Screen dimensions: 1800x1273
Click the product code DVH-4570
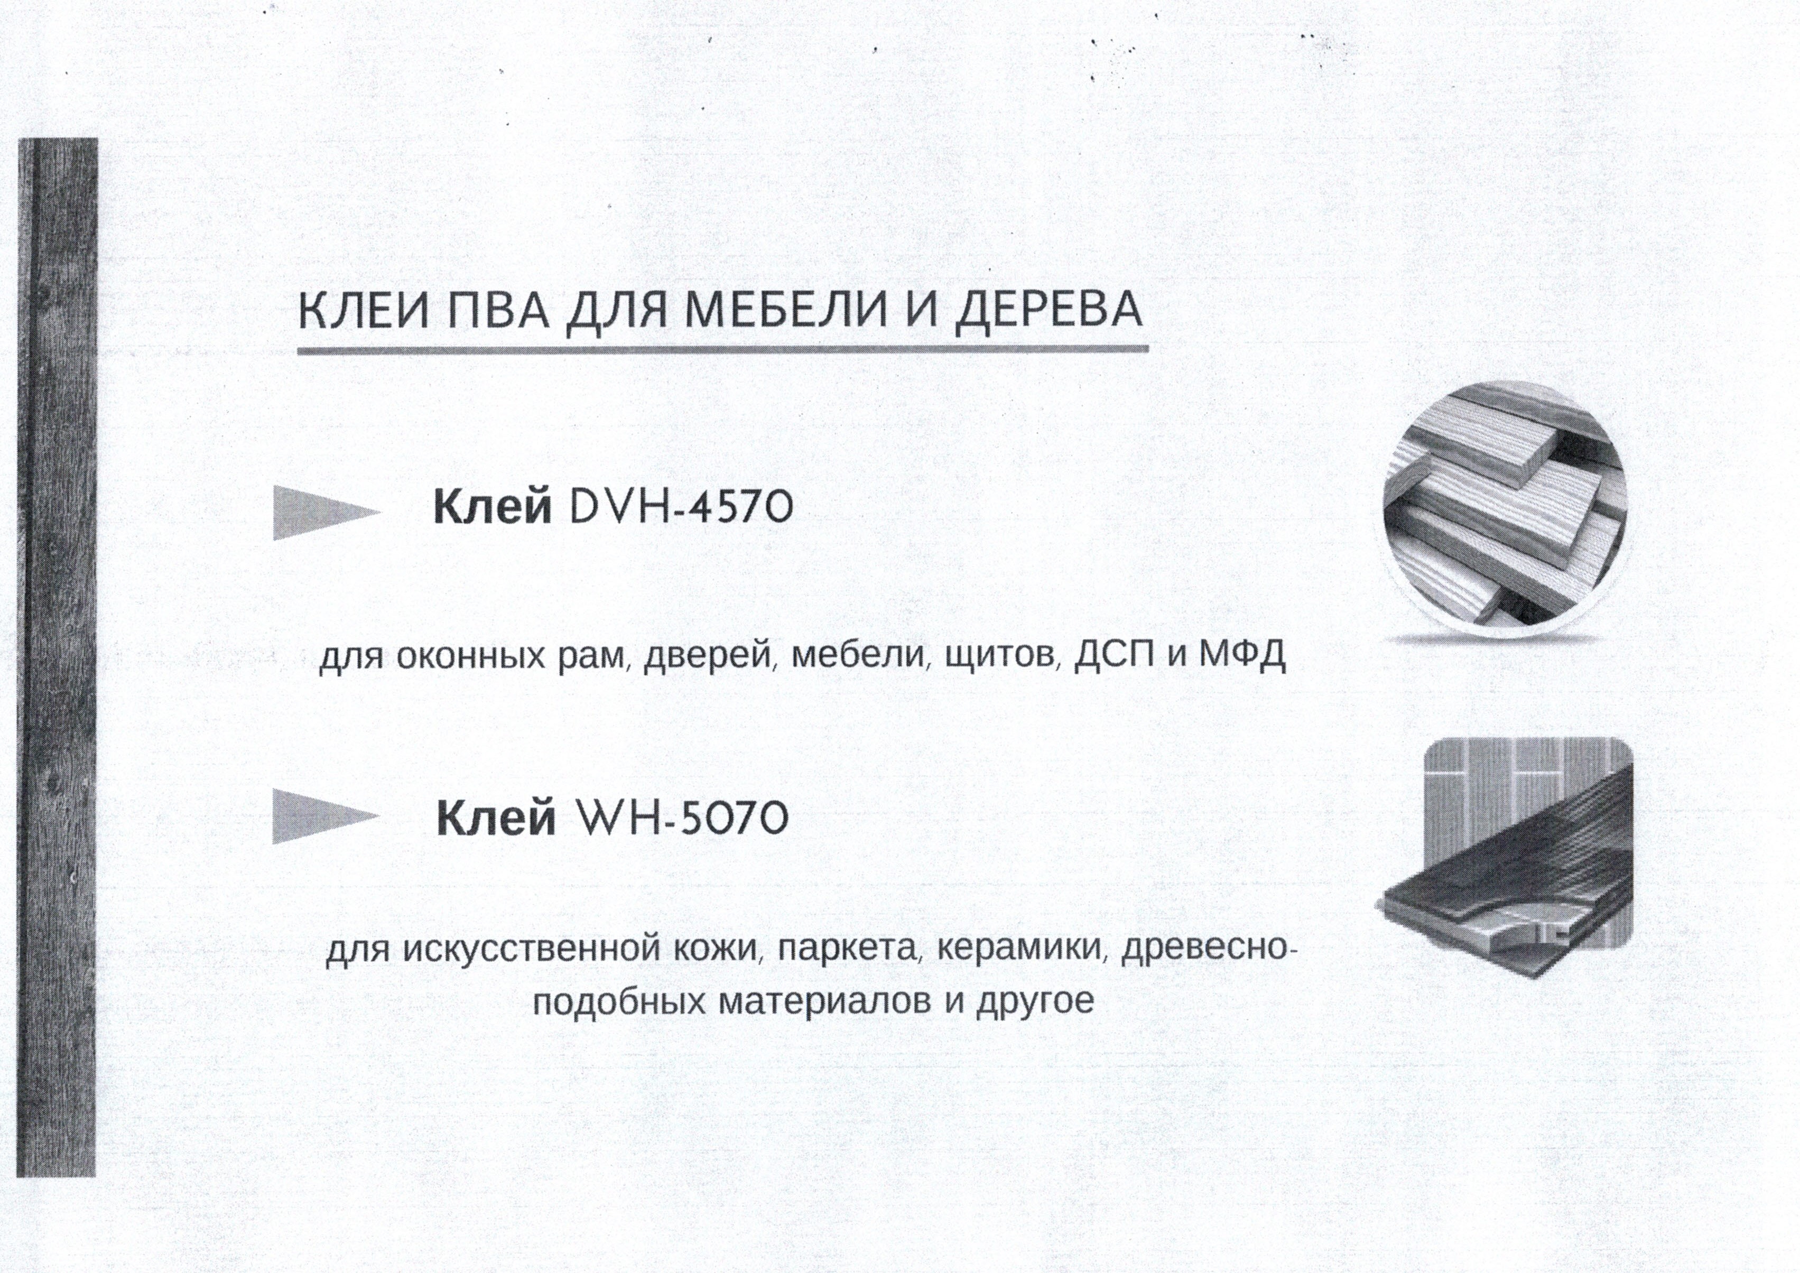coord(681,508)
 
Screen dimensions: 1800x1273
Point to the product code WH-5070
coord(681,819)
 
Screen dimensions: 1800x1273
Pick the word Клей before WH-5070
coord(496,819)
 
